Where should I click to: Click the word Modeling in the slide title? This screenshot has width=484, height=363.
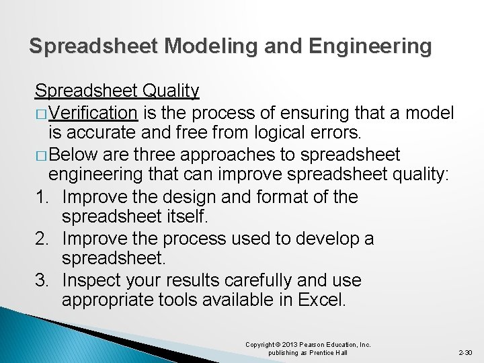pyautogui.click(x=205, y=46)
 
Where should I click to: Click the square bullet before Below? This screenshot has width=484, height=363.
pyautogui.click(x=41, y=155)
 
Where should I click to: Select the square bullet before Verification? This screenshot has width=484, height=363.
pyautogui.click(x=41, y=113)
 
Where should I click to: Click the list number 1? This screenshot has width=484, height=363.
pyautogui.click(x=41, y=197)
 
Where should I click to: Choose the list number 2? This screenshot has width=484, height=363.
pyautogui.click(x=41, y=239)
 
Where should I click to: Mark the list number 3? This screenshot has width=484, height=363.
pyautogui.click(x=41, y=280)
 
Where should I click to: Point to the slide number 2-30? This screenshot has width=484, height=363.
pyautogui.click(x=465, y=352)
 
